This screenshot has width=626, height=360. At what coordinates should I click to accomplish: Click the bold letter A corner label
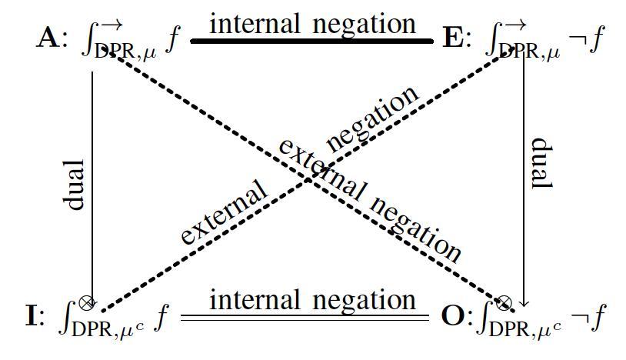pyautogui.click(x=48, y=38)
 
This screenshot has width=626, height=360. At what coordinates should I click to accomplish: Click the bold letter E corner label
pyautogui.click(x=454, y=38)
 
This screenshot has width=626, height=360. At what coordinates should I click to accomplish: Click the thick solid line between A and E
pyautogui.click(x=312, y=41)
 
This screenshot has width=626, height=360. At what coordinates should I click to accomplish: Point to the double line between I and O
pyautogui.click(x=305, y=318)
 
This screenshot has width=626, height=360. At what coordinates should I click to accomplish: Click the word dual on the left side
pyautogui.click(x=74, y=185)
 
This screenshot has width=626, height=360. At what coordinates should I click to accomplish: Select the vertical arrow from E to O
pyautogui.click(x=524, y=178)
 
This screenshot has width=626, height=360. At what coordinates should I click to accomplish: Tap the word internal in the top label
pyautogui.click(x=255, y=24)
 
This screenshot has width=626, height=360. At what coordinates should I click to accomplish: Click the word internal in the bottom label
pyautogui.click(x=255, y=300)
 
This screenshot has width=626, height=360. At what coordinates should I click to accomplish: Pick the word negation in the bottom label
pyautogui.click(x=364, y=302)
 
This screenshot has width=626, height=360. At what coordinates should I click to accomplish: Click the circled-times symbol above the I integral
pyautogui.click(x=87, y=303)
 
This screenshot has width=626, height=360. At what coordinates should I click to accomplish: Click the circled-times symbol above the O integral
pyautogui.click(x=504, y=303)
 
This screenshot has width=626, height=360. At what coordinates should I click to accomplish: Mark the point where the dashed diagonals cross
pyautogui.click(x=308, y=181)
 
